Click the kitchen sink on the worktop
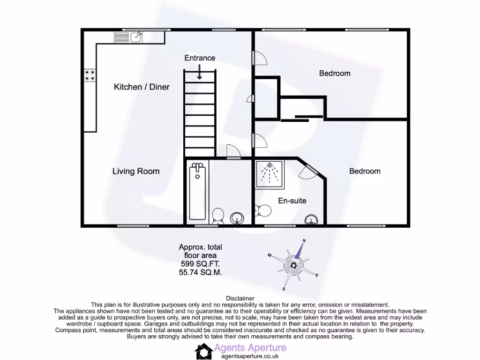(x=136, y=37)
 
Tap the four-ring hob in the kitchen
(x=90, y=75)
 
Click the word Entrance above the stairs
(x=200, y=58)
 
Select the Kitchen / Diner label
(x=142, y=87)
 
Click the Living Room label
(x=136, y=171)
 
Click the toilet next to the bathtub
(x=217, y=216)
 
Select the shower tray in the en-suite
(x=269, y=174)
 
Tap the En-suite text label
(x=292, y=201)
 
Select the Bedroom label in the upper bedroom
(x=335, y=73)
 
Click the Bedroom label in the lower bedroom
(x=365, y=171)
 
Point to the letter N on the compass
(x=304, y=241)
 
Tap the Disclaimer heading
(x=240, y=298)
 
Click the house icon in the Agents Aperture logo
(x=203, y=351)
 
